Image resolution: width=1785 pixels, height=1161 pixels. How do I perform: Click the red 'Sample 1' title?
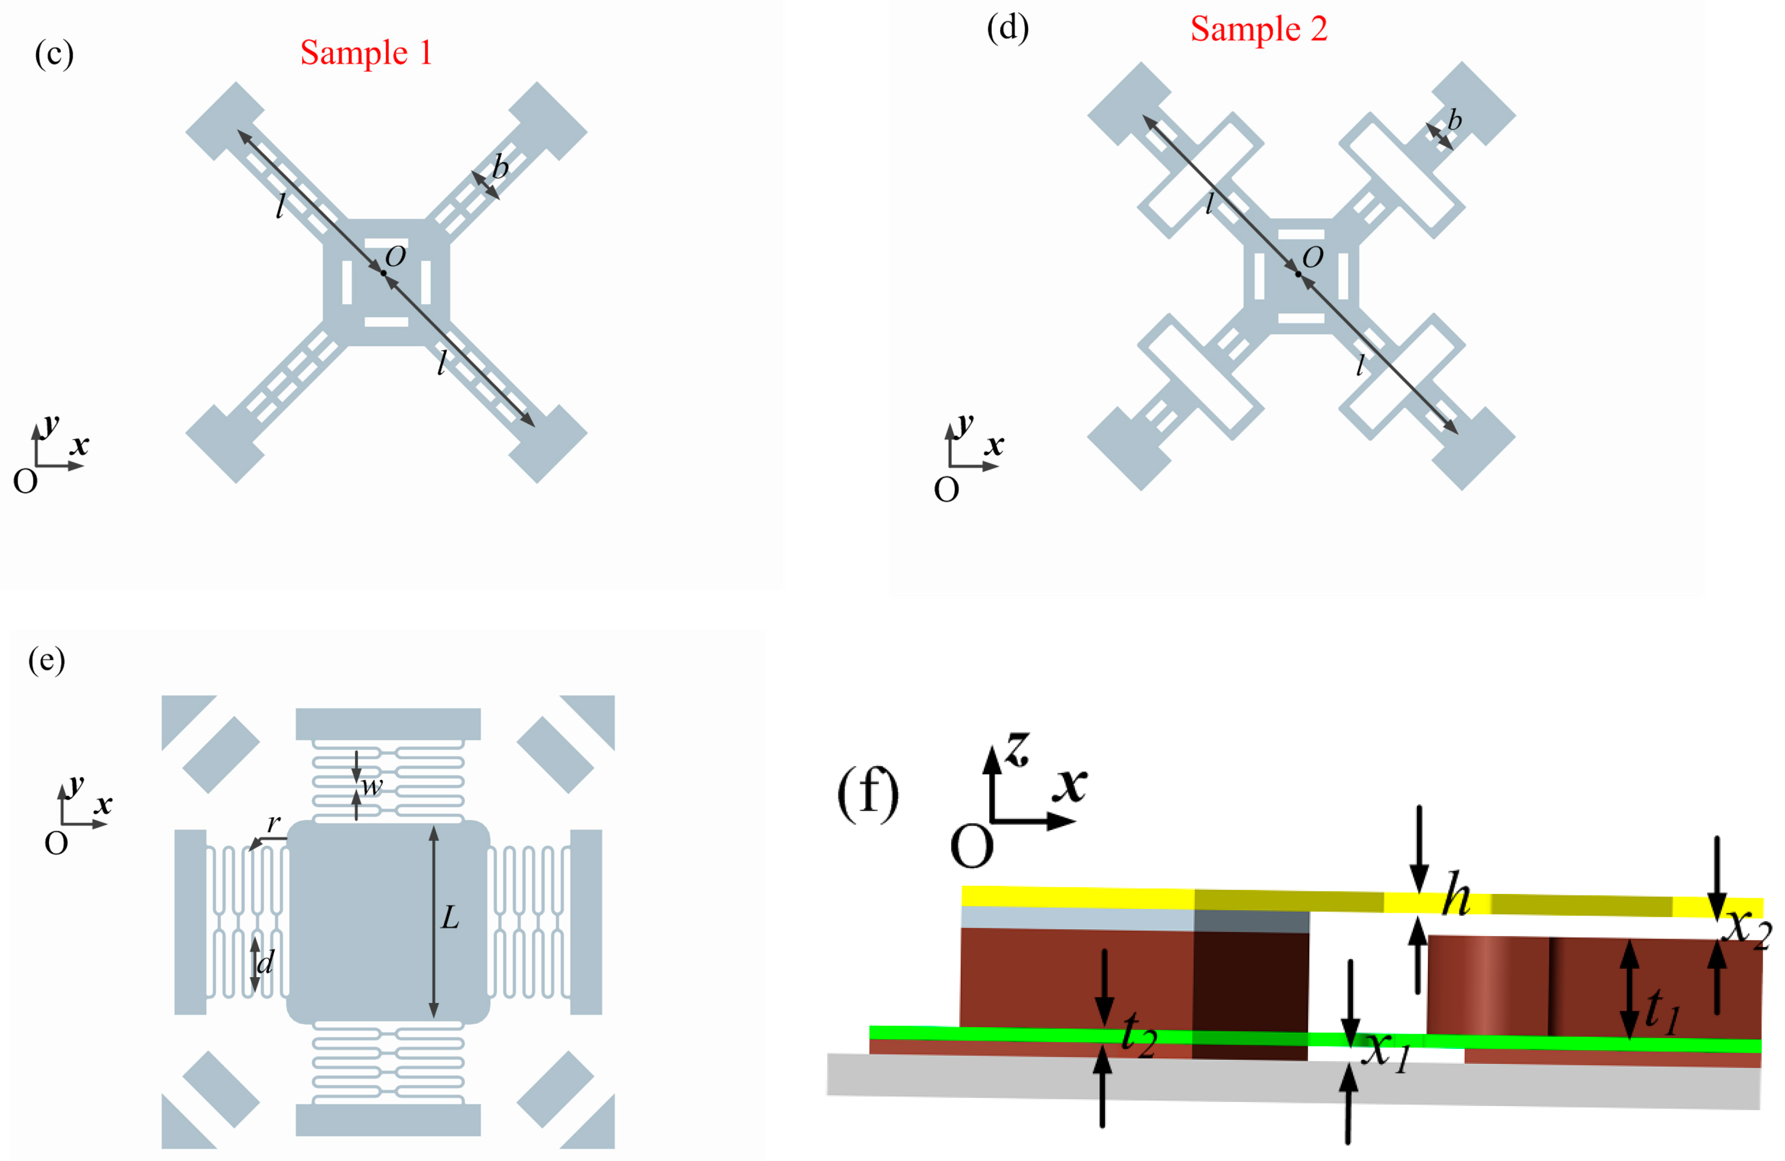tap(366, 53)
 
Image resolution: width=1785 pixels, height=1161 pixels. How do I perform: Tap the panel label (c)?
tap(54, 55)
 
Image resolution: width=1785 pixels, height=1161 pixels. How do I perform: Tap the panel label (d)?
tap(1007, 29)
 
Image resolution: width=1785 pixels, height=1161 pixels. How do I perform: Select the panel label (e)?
tap(47, 661)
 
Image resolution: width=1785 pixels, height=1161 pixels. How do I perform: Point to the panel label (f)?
tap(868, 793)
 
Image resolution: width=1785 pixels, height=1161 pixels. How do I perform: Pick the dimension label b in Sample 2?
tap(1454, 120)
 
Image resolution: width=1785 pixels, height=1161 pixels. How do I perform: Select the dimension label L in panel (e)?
tap(449, 917)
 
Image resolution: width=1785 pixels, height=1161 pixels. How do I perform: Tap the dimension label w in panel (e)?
tap(371, 787)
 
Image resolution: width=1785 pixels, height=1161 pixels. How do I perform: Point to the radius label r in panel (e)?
tap(274, 824)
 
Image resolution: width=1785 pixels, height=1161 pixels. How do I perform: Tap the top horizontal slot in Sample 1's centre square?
tap(386, 244)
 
